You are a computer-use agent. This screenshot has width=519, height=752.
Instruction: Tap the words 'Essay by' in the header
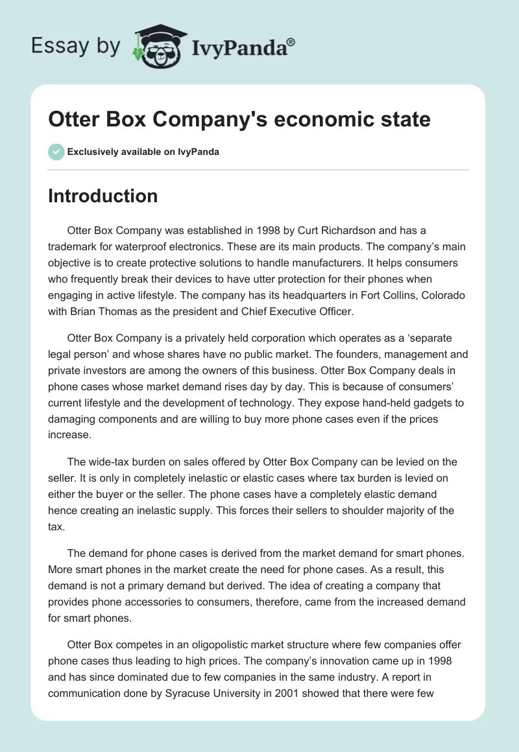pyautogui.click(x=76, y=46)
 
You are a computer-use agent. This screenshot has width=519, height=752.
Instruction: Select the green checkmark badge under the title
pyautogui.click(x=56, y=152)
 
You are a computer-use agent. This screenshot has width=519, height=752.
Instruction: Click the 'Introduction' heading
pyautogui.click(x=103, y=196)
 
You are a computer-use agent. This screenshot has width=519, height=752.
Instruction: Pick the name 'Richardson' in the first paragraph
pyautogui.click(x=363, y=231)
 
